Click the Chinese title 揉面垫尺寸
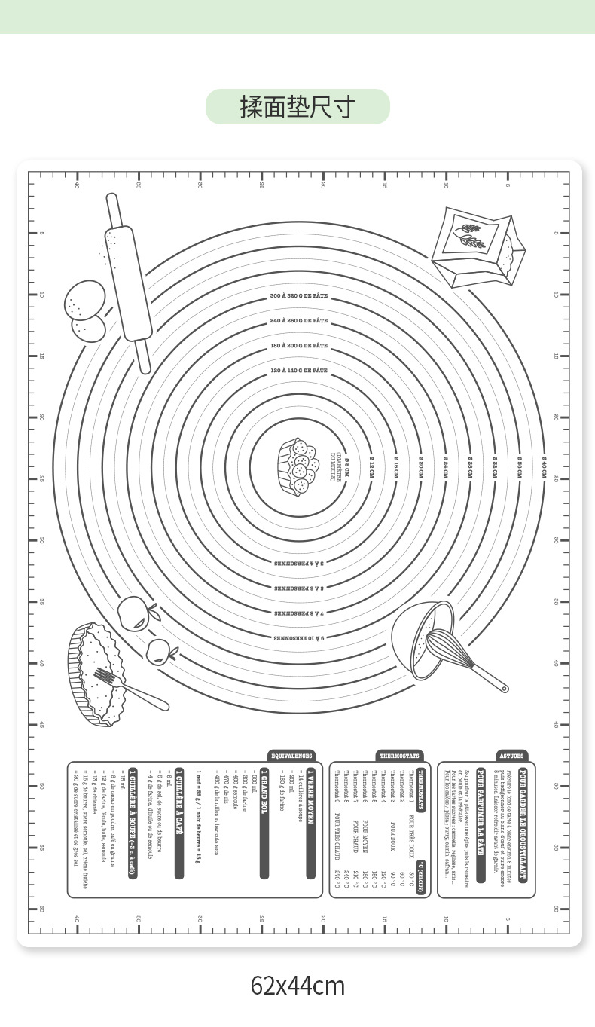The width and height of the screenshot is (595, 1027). coord(297,106)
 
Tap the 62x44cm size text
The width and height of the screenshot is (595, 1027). coord(297,986)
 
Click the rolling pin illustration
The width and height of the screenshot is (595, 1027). coord(127,283)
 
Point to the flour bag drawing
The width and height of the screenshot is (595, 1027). coord(478,246)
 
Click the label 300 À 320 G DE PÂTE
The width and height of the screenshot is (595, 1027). coord(298,296)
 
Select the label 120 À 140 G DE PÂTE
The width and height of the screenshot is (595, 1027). coord(298,370)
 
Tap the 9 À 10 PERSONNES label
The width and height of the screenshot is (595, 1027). coord(298,637)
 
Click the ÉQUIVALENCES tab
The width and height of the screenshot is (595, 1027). coord(292,756)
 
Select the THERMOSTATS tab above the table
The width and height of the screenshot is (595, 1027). coord(398,756)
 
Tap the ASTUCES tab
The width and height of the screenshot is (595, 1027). coord(511,756)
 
